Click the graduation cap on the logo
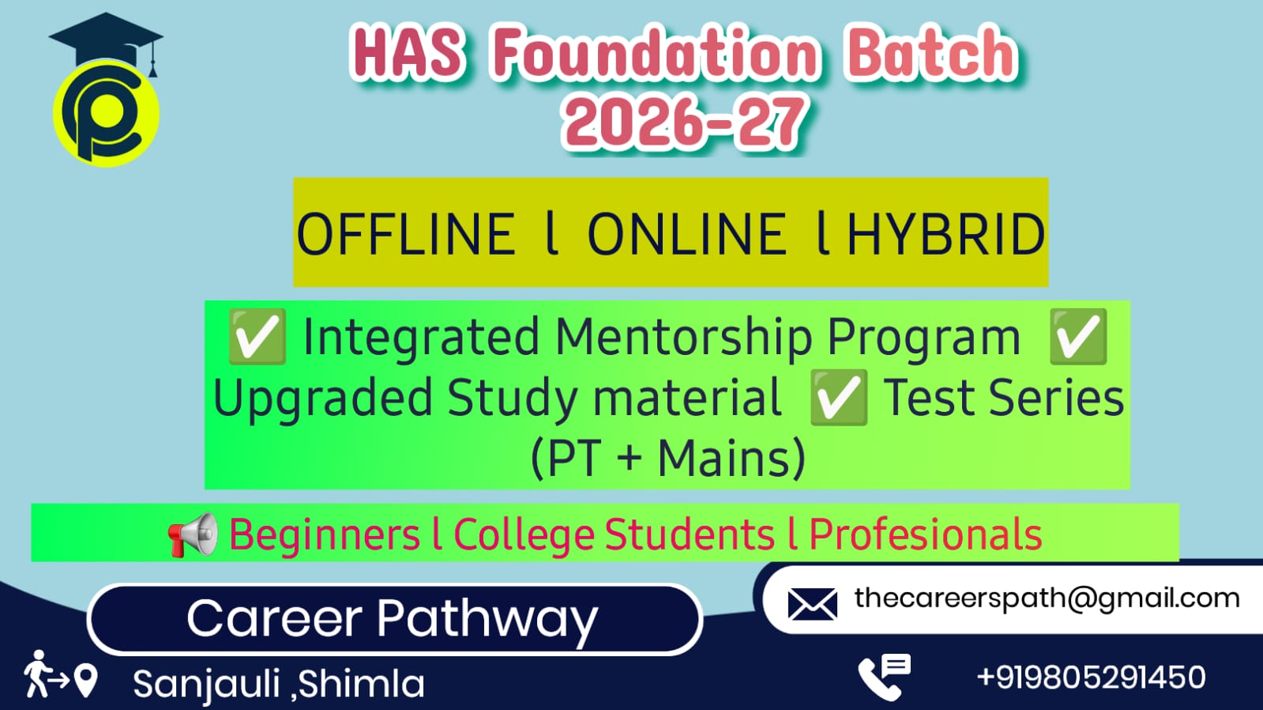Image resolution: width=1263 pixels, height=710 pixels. (x=106, y=40)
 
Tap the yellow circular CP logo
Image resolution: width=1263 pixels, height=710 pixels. (x=106, y=113)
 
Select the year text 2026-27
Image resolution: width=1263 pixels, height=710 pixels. (x=684, y=123)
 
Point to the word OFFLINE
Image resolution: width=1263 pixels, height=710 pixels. (x=406, y=234)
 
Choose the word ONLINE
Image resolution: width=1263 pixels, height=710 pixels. (x=686, y=234)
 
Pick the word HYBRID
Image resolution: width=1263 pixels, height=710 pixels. (x=946, y=234)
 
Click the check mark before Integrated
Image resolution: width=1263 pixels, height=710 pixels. (x=257, y=336)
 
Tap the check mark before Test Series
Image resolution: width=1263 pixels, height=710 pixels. (x=838, y=398)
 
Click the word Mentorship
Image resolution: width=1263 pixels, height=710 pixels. (x=685, y=338)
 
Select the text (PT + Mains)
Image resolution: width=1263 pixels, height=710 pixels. (x=668, y=458)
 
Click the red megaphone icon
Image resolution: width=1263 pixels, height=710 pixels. (x=192, y=534)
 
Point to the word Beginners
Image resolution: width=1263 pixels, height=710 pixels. (x=325, y=534)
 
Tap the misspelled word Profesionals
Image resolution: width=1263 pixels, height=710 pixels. (x=925, y=534)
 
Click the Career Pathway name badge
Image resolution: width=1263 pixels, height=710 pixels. (x=395, y=619)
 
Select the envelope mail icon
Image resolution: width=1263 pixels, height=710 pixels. (x=813, y=604)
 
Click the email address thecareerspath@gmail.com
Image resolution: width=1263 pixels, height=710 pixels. (x=1047, y=599)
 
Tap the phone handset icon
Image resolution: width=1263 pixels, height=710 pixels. (x=884, y=678)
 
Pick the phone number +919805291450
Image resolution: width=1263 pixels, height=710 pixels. (x=1091, y=678)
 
